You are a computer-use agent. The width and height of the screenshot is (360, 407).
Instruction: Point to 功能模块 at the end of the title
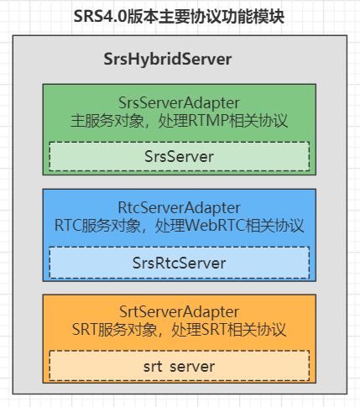coord(253,15)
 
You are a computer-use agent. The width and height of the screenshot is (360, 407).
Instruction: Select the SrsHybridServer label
coord(165,60)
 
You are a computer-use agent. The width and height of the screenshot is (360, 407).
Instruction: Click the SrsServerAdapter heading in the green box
coord(179,103)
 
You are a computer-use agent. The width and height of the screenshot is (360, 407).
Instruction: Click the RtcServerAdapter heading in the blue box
coord(179,208)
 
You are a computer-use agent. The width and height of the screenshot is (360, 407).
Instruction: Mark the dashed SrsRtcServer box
coord(179,263)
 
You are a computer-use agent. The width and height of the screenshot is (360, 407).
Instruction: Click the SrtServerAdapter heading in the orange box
coord(179,313)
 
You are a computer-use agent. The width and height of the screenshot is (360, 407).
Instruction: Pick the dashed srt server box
coord(179,367)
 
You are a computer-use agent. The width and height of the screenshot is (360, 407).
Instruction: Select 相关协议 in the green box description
coord(273,121)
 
